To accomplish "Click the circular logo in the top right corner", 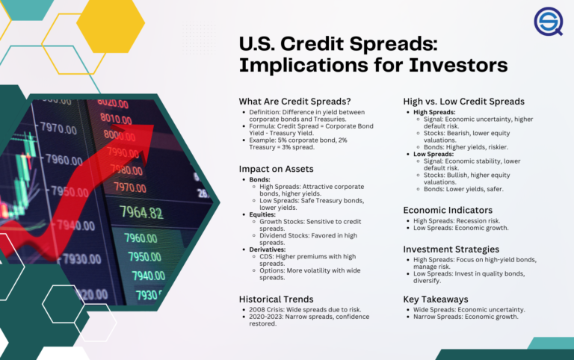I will click(x=548, y=22).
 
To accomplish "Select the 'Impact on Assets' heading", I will click(x=276, y=169).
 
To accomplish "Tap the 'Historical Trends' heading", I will click(x=277, y=299).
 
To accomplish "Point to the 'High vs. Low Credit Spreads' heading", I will click(x=464, y=102).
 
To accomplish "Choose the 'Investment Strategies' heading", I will click(x=451, y=249).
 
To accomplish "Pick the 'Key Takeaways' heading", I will click(x=436, y=299).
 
